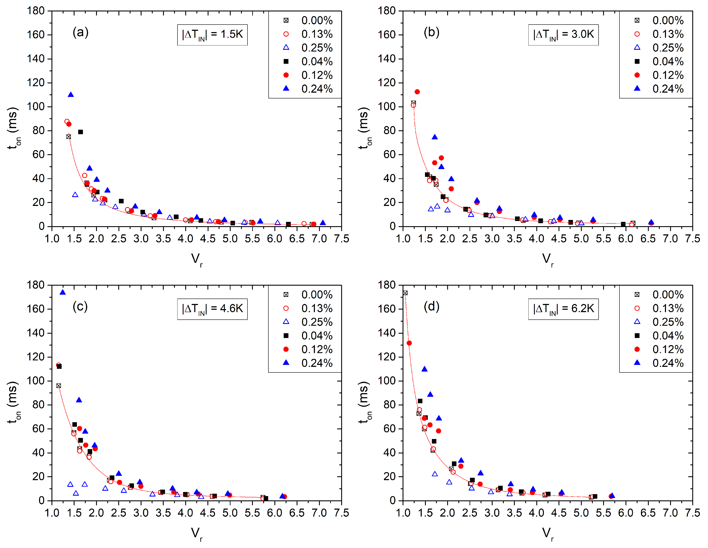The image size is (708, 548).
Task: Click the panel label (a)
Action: point(80,33)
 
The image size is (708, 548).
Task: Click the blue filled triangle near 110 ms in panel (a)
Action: point(71,95)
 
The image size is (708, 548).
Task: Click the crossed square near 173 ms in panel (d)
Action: point(405,293)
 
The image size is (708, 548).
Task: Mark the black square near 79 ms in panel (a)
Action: point(80,132)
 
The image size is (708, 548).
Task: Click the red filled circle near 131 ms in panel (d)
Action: point(409,343)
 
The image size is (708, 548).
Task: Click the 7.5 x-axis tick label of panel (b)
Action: point(692,239)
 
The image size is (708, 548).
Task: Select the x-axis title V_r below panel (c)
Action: point(196,533)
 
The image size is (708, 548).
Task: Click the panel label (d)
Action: point(431,307)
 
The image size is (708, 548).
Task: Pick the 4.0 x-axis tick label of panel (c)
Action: point(185,513)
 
